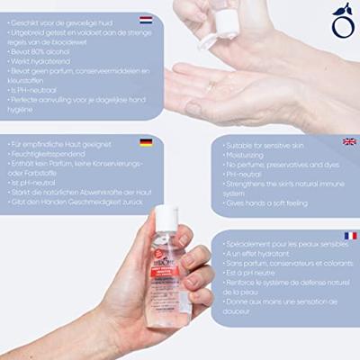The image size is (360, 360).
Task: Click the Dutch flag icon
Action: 145,18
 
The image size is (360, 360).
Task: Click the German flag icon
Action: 145,142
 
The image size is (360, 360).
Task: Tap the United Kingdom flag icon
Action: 349,141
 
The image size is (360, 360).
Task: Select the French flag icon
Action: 350,236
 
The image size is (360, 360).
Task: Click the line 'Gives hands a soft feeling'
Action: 269,204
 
